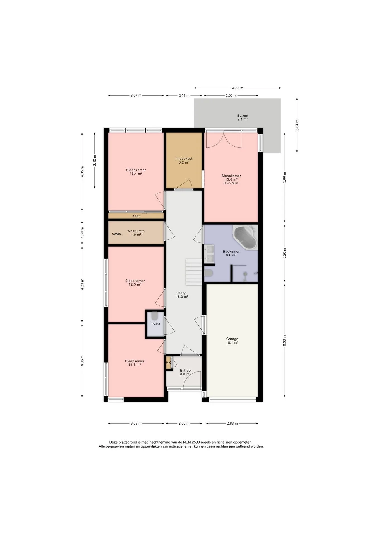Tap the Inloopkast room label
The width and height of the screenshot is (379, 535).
click(184, 159)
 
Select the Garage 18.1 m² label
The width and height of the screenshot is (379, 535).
click(232, 341)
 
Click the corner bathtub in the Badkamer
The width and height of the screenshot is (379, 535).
click(245, 237)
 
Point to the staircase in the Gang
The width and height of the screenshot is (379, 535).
click(194, 272)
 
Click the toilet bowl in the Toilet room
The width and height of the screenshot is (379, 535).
click(154, 316)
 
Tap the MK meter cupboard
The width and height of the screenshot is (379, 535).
click(168, 363)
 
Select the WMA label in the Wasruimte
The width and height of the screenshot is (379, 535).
click(117, 234)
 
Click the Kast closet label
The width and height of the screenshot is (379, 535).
click(136, 216)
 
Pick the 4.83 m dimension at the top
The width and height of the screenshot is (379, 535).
click(238, 88)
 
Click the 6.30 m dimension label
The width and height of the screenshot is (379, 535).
click(284, 341)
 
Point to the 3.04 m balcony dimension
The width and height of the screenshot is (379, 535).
click(297, 125)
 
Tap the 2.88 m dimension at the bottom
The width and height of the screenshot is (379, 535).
click(232, 423)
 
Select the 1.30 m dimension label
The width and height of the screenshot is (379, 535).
click(82, 232)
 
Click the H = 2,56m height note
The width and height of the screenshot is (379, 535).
click(231, 183)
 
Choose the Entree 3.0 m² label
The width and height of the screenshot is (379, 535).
click(185, 372)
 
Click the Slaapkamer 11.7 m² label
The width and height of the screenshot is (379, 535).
click(135, 363)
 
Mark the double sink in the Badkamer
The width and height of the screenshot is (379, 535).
click(209, 254)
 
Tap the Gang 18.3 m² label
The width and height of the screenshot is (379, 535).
click(182, 295)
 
